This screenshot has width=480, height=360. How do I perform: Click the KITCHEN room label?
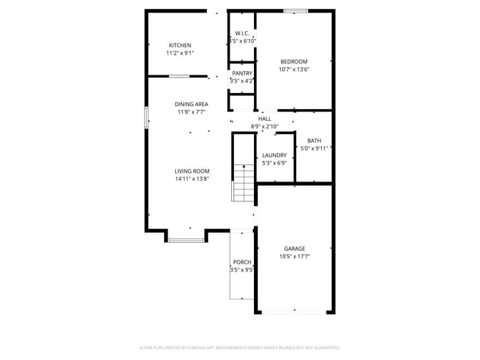pos(180,45)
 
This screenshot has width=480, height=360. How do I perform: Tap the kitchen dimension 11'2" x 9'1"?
pos(180,54)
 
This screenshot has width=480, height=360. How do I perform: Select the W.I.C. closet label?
pos(242,33)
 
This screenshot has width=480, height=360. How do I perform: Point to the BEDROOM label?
pos(293,61)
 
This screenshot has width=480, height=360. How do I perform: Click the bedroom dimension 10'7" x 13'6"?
pos(293,70)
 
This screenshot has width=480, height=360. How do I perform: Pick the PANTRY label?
pos(242,73)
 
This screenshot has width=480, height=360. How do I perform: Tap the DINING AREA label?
pos(191,104)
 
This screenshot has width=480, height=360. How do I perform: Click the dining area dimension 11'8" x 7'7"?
pos(191,113)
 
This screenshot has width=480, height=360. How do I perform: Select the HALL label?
pos(264,118)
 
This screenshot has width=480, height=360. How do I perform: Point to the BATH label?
pos(315,140)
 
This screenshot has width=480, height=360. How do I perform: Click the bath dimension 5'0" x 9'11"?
pos(315,148)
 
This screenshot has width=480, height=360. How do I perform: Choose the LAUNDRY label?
pos(274,155)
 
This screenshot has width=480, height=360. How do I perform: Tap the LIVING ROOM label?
pos(192,171)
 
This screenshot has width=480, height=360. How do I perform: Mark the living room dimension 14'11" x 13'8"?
pos(192,179)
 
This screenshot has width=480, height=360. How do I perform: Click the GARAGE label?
pos(295,249)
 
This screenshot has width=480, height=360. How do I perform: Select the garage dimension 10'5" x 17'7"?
pos(295,257)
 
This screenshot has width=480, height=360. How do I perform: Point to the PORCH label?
pos(242,262)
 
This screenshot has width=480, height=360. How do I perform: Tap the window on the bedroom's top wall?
pos(295,11)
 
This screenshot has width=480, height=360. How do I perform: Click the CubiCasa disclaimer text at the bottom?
pos(239,347)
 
